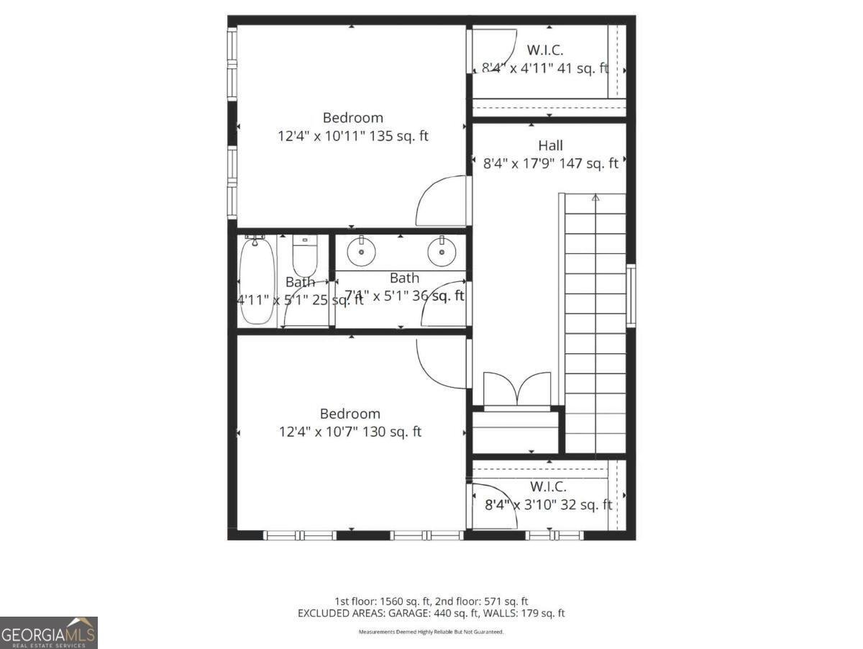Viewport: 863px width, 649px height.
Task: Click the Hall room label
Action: click(550, 146)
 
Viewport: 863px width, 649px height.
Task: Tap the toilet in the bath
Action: click(304, 256)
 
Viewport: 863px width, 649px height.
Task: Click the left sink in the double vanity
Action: click(360, 252)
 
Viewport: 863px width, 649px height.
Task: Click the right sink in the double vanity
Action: click(441, 252)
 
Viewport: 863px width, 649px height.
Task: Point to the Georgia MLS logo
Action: click(49, 633)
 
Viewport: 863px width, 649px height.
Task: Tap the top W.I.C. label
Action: click(544, 50)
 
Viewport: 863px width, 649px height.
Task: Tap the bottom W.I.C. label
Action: click(548, 487)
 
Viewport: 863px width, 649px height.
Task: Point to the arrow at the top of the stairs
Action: click(595, 197)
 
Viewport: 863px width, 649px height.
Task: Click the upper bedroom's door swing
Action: click(440, 201)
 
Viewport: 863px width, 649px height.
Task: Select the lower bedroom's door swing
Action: click(440, 363)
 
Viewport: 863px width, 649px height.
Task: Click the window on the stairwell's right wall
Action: click(631, 296)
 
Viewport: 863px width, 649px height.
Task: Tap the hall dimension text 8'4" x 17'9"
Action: click(550, 163)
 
